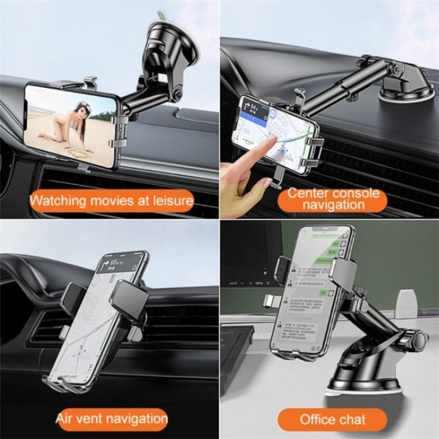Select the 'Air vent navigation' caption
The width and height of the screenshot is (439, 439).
tap(111, 418)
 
